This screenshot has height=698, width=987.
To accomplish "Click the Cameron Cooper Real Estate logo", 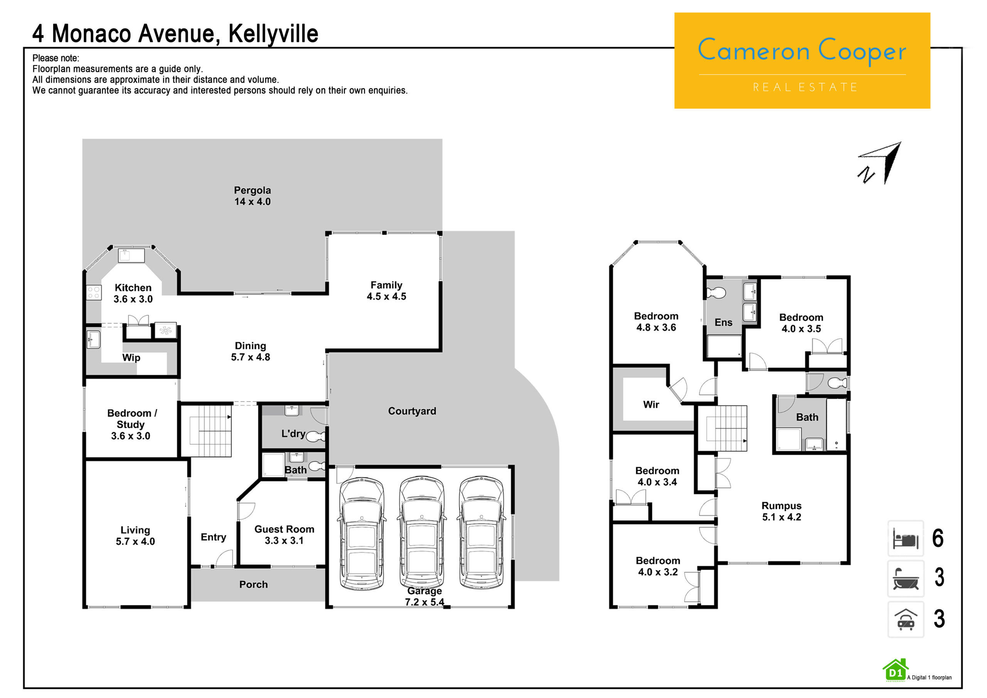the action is click(802, 60).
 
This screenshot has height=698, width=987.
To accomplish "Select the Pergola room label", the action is click(252, 196).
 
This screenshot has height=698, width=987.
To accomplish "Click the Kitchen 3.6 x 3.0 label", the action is click(133, 293).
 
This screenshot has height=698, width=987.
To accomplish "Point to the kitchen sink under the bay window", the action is click(131, 255).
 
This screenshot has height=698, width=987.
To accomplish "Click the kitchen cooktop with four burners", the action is click(94, 293).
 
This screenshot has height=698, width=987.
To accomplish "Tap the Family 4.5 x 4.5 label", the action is click(386, 291).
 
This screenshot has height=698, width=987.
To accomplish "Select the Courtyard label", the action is click(412, 411).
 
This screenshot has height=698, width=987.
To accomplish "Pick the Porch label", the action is click(254, 585).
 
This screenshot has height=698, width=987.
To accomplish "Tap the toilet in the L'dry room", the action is click(316, 437).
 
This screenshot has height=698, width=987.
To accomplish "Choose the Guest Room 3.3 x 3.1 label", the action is click(284, 534).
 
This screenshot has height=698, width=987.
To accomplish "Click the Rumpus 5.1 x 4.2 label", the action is click(782, 511).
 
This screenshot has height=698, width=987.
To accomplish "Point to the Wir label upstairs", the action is click(651, 405).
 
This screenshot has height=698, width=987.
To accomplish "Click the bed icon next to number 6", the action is click(906, 538).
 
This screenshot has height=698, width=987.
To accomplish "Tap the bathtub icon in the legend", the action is click(906, 578).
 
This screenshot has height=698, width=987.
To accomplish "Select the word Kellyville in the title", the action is click(273, 34).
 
